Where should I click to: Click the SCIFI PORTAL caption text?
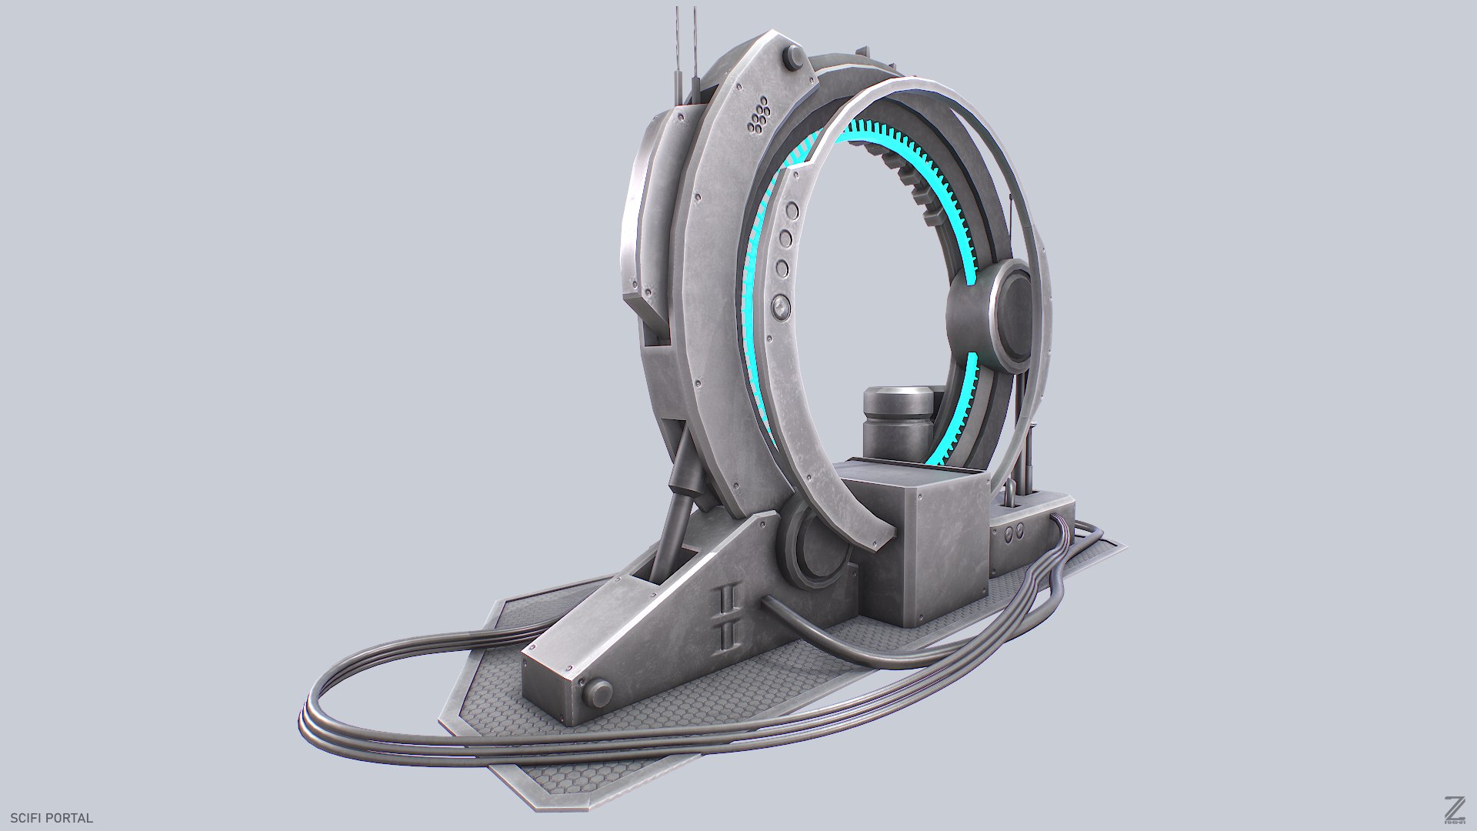(x=52, y=818)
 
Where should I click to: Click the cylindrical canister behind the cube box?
(x=898, y=423)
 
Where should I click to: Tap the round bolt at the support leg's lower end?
(x=597, y=695)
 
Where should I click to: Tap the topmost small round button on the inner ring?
(x=791, y=212)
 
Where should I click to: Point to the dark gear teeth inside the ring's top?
(x=915, y=181)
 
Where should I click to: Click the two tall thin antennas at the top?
(x=686, y=46)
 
